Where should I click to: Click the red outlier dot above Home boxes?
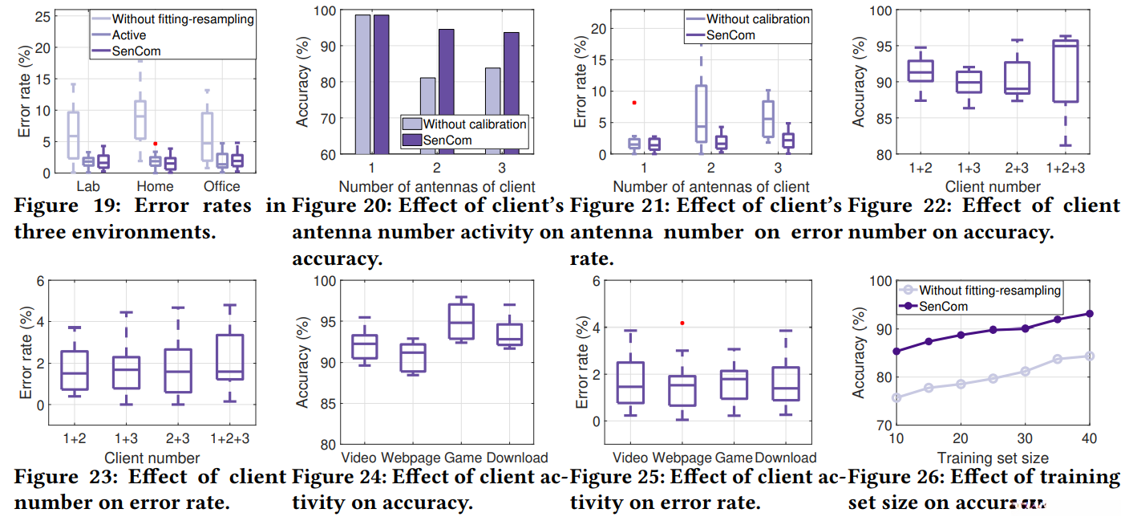[155, 144]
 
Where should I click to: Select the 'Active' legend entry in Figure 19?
[128, 35]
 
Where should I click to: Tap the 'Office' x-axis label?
[221, 187]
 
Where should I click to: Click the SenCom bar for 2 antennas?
[447, 92]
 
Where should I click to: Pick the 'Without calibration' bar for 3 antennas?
[493, 111]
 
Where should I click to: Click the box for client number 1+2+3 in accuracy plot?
[1066, 71]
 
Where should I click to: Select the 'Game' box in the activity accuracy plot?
[461, 321]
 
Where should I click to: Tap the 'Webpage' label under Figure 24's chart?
[409, 458]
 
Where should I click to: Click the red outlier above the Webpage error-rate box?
[682, 323]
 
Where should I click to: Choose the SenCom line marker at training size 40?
[1089, 314]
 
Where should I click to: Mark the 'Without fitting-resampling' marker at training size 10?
[896, 397]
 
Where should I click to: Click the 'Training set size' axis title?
[991, 458]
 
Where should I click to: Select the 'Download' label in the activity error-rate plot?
[786, 458]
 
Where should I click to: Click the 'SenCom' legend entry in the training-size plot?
[944, 306]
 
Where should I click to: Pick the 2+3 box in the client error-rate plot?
[178, 371]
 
